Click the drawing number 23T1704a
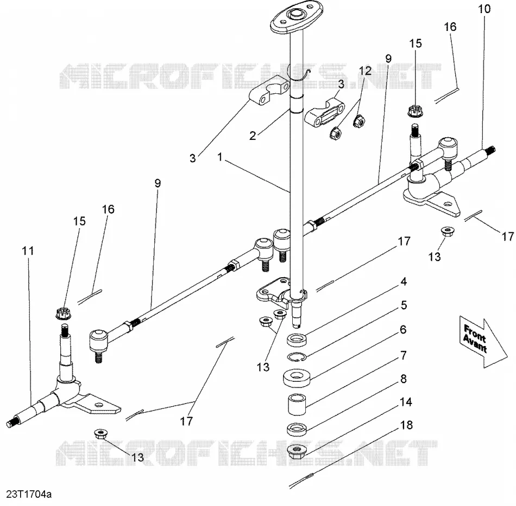(29, 494)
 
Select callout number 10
(484, 9)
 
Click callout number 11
(28, 251)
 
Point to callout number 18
(406, 425)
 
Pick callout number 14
(406, 402)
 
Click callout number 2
(253, 136)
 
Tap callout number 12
(366, 71)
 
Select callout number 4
(404, 281)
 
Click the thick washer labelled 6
(297, 379)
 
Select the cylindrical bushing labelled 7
(297, 405)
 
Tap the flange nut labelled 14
(297, 451)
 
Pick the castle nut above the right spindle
(415, 111)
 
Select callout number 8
(404, 379)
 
